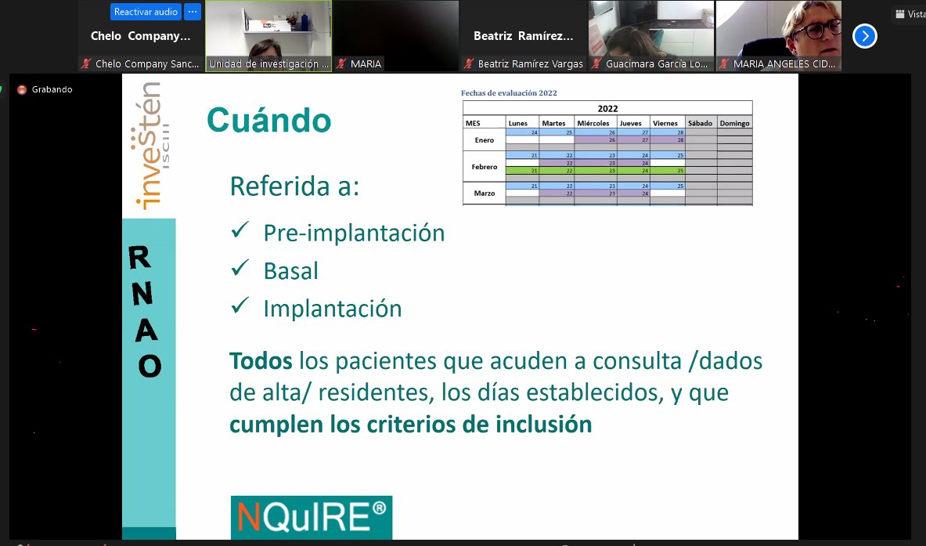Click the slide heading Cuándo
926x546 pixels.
268,121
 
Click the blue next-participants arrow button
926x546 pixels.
864,36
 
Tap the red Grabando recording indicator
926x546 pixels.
22,89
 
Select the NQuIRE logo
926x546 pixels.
311,516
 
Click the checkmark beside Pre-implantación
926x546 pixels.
240,231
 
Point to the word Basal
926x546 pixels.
291,271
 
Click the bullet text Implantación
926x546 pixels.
333,309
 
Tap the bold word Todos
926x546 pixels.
261,361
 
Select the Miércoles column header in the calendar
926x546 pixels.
593,123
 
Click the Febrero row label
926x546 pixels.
485,167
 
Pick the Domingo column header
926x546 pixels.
734,123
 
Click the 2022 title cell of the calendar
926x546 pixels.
607,109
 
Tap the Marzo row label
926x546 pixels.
485,193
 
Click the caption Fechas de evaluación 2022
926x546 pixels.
509,93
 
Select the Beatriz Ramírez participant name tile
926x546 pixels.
523,36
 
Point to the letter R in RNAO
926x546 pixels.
141,258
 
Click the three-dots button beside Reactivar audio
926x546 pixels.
193,12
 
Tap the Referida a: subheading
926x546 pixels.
294,186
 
